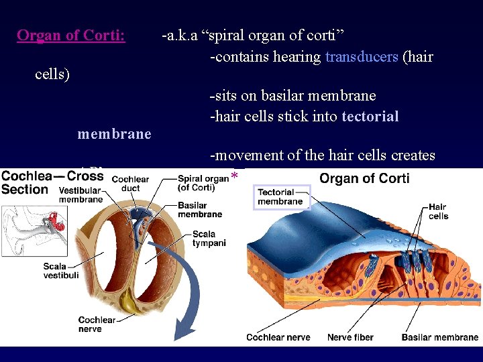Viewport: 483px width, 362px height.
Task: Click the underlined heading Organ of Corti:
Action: pos(70,36)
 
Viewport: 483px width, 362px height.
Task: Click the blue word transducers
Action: pos(362,56)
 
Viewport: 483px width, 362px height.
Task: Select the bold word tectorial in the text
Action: pos(370,117)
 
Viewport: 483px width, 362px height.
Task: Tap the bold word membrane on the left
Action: pos(114,134)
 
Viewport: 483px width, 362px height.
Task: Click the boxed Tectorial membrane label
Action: pos(281,197)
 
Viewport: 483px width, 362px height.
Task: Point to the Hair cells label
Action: pos(438,212)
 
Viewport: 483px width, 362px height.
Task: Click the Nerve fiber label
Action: pos(351,337)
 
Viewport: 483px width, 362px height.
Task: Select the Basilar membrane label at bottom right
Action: pos(440,337)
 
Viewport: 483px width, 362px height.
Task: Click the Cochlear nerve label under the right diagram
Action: pos(278,337)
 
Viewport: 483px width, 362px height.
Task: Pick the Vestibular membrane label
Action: pos(80,195)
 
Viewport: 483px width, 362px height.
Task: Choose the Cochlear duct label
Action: pos(130,184)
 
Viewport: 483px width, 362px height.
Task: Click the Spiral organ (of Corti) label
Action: pos(203,182)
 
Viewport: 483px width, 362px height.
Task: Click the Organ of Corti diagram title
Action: pos(364,178)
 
